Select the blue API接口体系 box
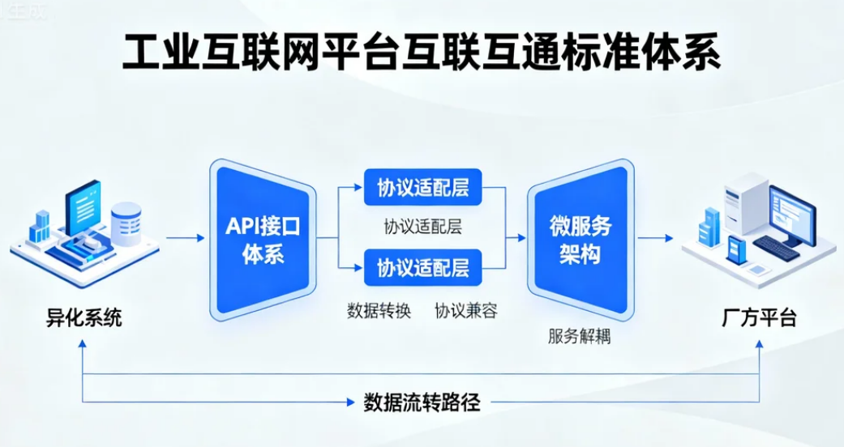(x=262, y=240)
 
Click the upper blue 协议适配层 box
(x=422, y=188)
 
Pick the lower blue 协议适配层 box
(x=422, y=267)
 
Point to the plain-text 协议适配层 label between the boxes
(x=422, y=227)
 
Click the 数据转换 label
(x=379, y=311)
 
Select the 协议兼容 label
(x=465, y=311)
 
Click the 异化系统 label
(x=84, y=318)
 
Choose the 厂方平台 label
(x=759, y=318)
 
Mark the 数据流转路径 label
(x=422, y=402)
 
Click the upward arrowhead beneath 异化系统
(x=84, y=343)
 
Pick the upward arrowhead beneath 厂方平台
(x=759, y=343)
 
